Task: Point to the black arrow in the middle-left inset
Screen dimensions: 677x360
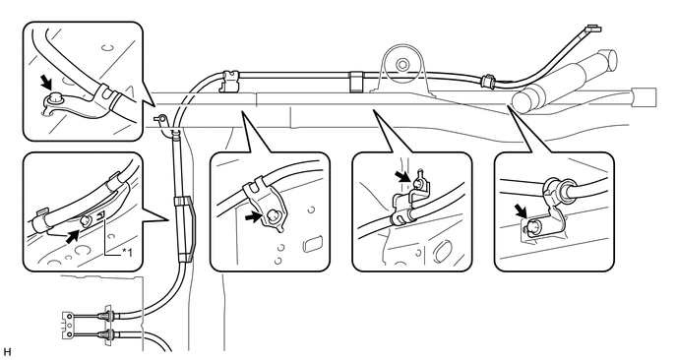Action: point(254,217)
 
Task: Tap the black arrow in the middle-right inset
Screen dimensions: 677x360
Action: point(402,176)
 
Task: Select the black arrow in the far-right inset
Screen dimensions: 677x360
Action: point(522,211)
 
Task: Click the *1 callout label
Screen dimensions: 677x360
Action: point(127,252)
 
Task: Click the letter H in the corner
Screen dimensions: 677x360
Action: point(6,353)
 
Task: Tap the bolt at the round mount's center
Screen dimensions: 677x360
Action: point(402,65)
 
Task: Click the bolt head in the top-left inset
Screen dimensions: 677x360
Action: point(55,98)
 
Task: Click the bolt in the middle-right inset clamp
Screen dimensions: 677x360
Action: point(417,184)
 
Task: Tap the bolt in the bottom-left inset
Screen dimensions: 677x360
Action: point(87,221)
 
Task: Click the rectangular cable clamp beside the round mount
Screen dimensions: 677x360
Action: point(356,82)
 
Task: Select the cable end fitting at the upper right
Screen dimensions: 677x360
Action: point(592,30)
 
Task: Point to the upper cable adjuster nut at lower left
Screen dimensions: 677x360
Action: point(107,316)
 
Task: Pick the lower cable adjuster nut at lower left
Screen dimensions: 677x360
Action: point(107,334)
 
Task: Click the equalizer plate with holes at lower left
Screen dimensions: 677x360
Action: point(68,325)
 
